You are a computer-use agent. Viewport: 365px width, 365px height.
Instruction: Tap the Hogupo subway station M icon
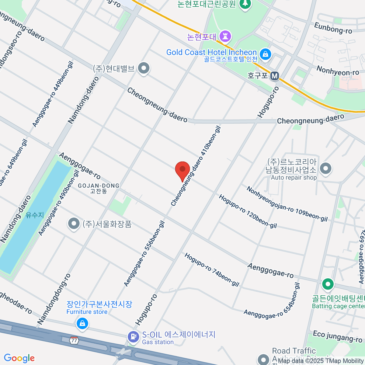pos(275,76)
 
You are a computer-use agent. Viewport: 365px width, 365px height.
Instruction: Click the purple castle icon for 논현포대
pos(225,36)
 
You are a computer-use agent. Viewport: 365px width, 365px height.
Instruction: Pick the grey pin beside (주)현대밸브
pos(144,68)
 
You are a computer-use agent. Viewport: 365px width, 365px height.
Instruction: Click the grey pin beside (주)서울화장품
pos(74,224)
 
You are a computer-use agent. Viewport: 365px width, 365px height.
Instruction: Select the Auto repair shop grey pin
pos(326,168)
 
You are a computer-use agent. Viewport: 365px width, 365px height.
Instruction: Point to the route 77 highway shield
pos(74,340)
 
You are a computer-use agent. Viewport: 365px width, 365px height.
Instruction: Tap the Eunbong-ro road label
pos(333,28)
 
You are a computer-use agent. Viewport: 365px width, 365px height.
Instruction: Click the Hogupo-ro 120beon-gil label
pos(248,211)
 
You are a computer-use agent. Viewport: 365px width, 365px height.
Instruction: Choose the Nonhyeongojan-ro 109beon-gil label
pos(287,204)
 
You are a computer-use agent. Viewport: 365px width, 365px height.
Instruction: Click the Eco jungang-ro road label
pos(337,336)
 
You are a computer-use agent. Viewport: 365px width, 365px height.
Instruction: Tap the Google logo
pos(19,358)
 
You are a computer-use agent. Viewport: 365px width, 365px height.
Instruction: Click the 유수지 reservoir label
pos(35,215)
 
